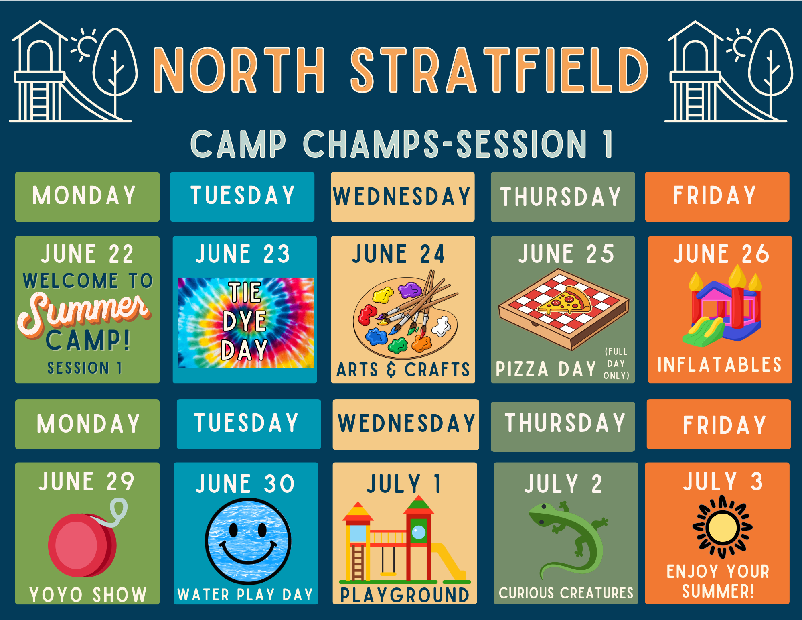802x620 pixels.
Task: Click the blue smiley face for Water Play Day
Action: point(248,541)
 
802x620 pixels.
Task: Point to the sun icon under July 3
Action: point(722,527)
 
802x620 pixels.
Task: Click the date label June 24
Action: point(399,254)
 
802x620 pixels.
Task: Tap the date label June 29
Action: point(86,481)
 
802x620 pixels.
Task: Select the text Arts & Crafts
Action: point(403,370)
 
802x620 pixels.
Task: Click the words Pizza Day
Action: point(546,369)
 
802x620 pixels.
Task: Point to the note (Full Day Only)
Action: point(616,364)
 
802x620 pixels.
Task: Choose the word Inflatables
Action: point(720,365)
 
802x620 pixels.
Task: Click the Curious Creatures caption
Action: point(566,593)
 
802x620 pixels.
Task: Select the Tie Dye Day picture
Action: point(245,323)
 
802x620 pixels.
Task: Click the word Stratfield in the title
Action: point(500,70)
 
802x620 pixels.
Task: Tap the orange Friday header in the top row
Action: point(717,197)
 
